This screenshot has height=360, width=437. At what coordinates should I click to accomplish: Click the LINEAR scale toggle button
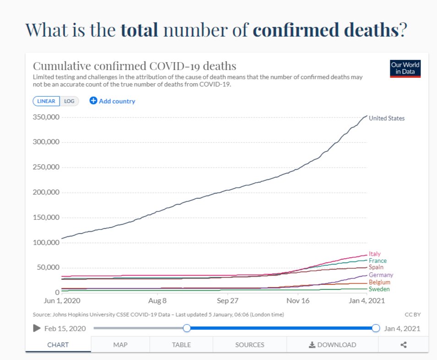click(46, 101)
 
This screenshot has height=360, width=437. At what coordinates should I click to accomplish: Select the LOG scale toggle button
click(69, 101)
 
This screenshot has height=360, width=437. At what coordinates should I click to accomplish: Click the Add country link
click(112, 101)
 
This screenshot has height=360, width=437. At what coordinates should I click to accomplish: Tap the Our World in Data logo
click(405, 69)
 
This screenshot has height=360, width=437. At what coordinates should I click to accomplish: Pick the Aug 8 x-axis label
click(158, 301)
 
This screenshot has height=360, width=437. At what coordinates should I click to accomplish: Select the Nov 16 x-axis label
click(298, 301)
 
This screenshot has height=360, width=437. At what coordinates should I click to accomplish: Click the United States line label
click(387, 118)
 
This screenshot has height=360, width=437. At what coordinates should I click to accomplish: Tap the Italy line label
click(374, 254)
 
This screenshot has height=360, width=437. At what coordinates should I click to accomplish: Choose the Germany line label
click(381, 275)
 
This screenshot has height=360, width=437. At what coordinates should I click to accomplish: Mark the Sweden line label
click(379, 289)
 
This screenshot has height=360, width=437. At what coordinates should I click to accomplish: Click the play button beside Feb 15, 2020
click(37, 328)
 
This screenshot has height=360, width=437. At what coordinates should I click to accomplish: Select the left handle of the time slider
click(186, 328)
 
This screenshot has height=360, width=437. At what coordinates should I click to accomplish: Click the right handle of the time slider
click(376, 328)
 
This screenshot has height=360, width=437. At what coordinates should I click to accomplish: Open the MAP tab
click(120, 345)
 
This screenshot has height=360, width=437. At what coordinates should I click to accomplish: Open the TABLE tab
click(181, 345)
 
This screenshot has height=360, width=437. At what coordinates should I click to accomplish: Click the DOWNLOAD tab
click(332, 345)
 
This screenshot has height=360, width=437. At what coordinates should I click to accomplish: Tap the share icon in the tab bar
click(404, 345)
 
